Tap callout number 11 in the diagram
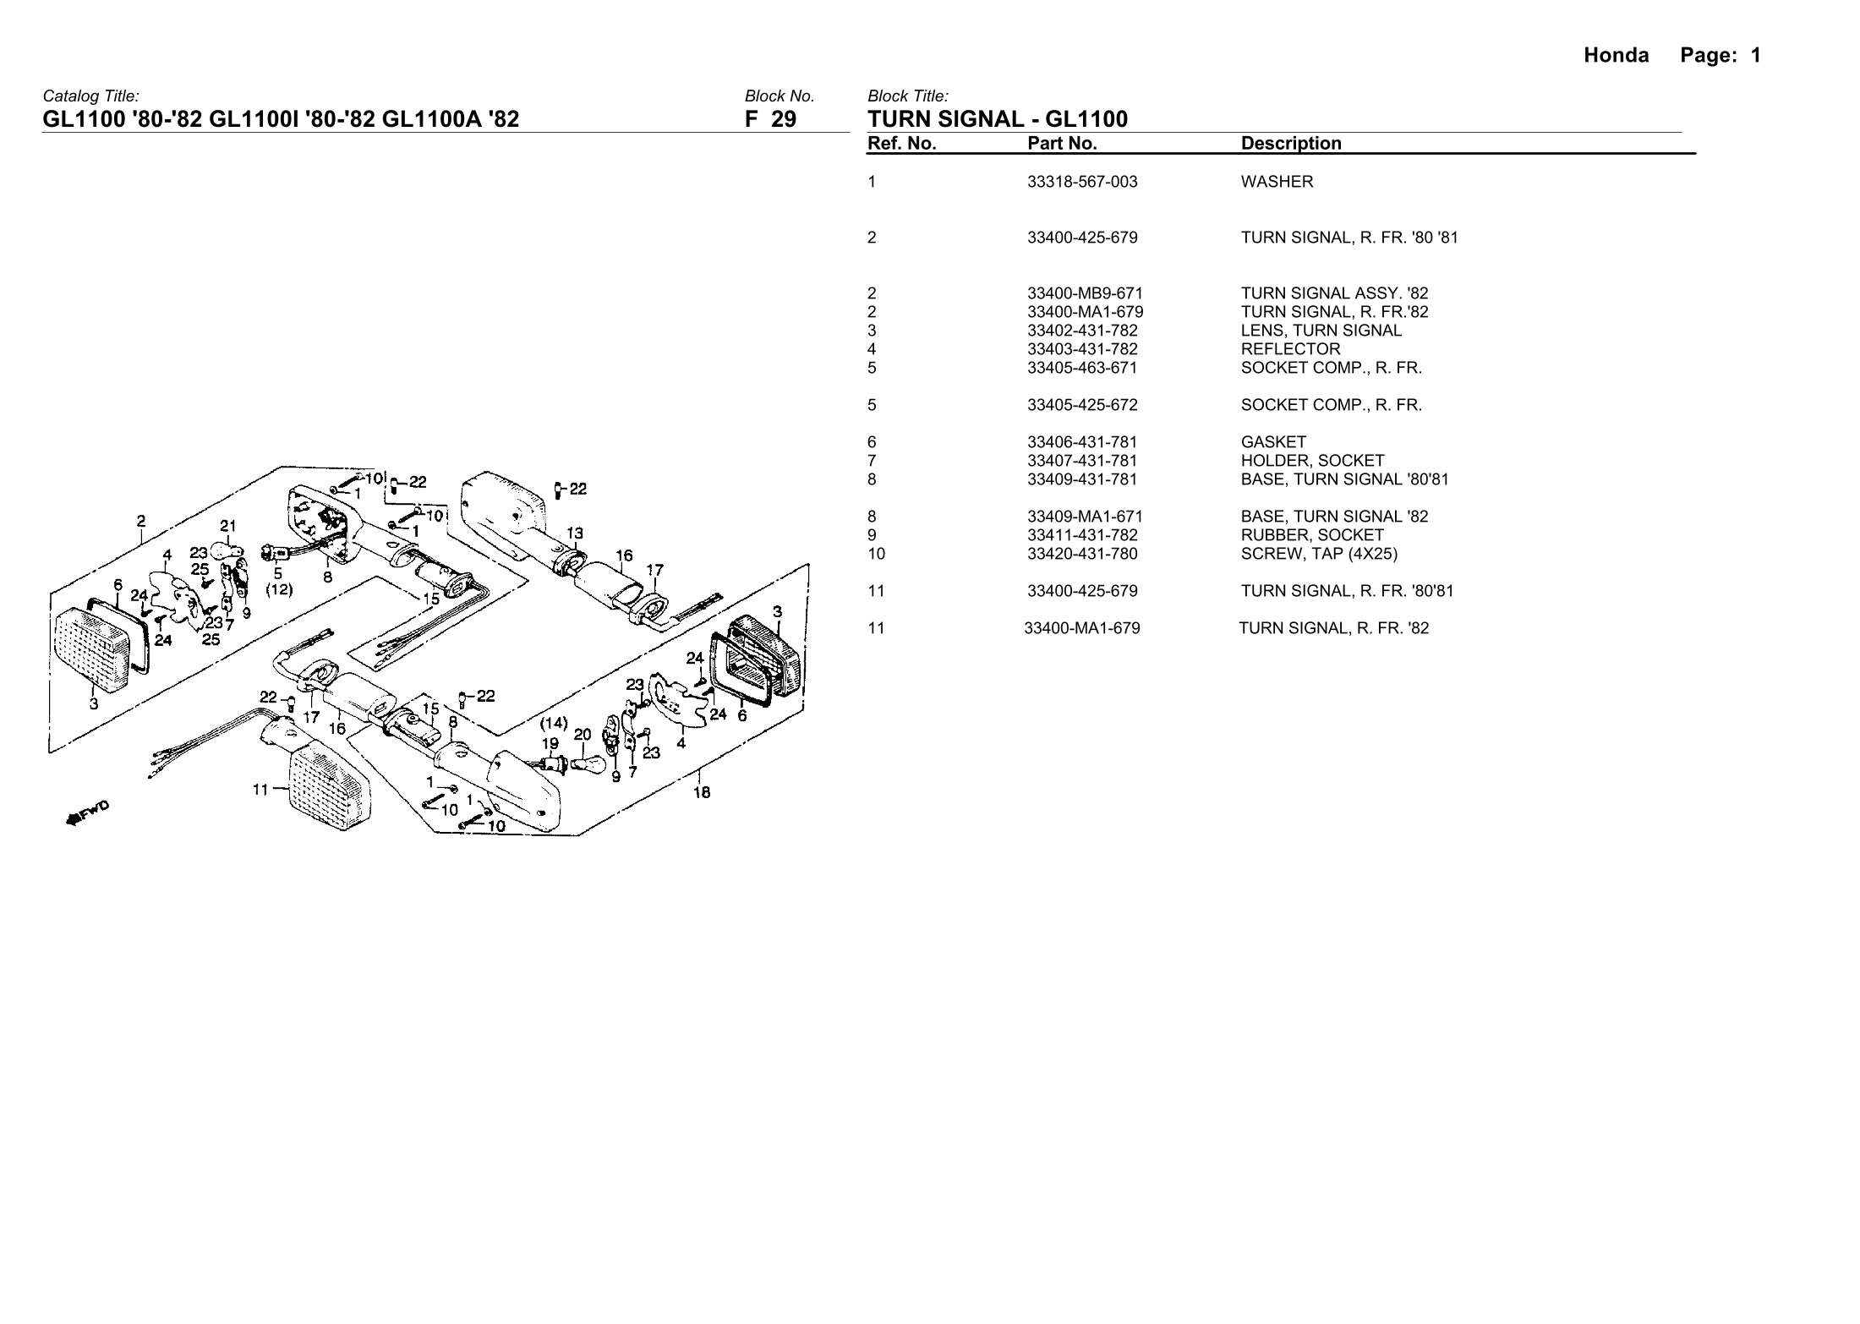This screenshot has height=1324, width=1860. coord(261,790)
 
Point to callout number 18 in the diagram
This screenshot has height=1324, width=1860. coord(702,792)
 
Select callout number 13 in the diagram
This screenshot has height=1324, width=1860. coord(574,533)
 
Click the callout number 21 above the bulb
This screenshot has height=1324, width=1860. coord(228,525)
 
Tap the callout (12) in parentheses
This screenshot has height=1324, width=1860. coord(278,590)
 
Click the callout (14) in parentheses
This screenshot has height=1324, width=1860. coord(554,723)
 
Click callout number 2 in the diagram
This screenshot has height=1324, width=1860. coord(142,520)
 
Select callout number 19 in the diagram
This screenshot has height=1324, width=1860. coord(550,744)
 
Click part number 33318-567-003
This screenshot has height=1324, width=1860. coord(1082,182)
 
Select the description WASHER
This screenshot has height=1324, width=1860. coord(1277,182)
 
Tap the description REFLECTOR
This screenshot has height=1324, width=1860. coord(1290,349)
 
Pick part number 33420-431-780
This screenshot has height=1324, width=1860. coord(1082,554)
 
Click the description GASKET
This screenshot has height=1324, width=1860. coord(1273,442)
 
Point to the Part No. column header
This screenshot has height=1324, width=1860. coord(1062,144)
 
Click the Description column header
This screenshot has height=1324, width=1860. coord(1291,144)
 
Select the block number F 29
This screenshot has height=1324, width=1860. coord(770,119)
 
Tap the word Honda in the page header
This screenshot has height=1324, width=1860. coord(1616,56)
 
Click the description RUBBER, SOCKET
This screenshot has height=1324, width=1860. coord(1312,535)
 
